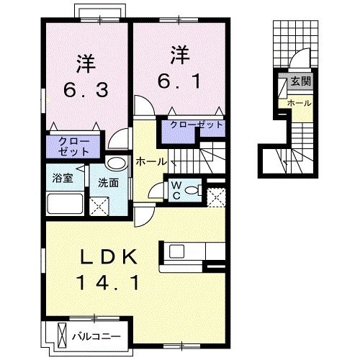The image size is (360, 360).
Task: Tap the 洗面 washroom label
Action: pyautogui.click(x=108, y=182)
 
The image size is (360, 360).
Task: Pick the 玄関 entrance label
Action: pyautogui.click(x=300, y=81)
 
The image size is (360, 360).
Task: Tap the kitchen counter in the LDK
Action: pyautogui.click(x=186, y=253)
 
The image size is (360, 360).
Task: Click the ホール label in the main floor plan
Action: pyautogui.click(x=151, y=161)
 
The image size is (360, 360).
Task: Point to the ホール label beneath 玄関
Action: pyautogui.click(x=299, y=103)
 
